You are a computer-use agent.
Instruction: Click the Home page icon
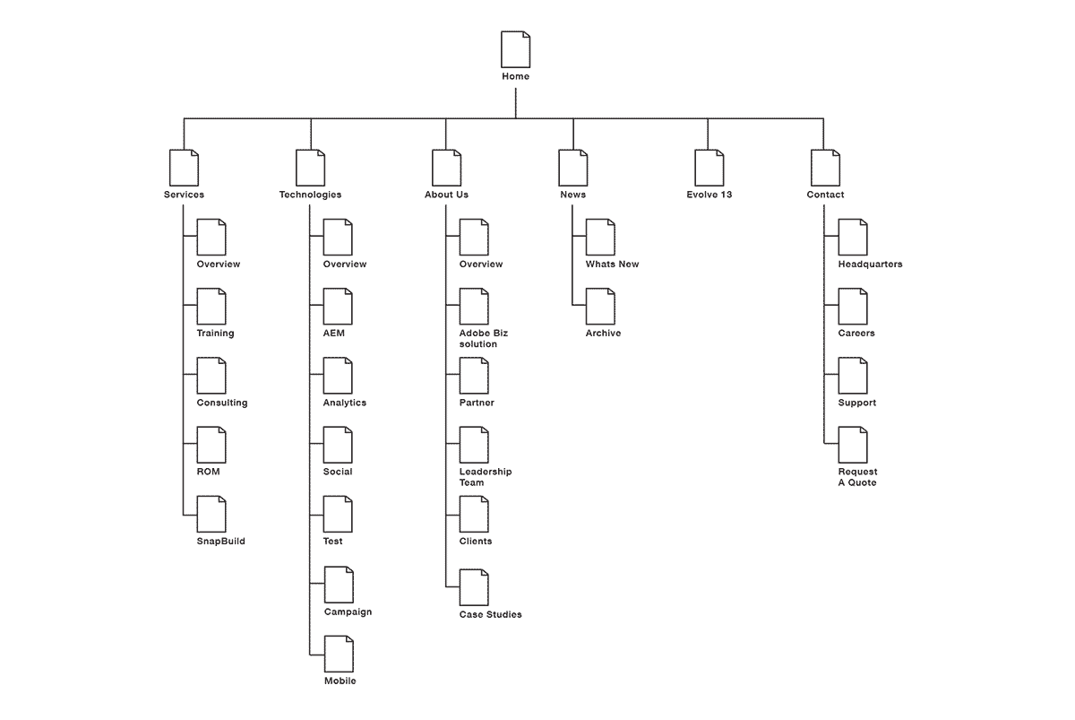(x=515, y=49)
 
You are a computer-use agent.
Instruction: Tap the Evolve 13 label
(x=708, y=195)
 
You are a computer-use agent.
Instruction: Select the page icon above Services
(x=184, y=168)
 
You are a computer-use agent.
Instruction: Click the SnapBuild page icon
(x=211, y=515)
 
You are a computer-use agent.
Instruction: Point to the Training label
(x=215, y=334)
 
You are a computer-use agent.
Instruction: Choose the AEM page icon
(x=338, y=307)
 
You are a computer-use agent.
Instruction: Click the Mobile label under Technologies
(x=340, y=681)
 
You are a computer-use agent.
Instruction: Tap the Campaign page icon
(x=339, y=585)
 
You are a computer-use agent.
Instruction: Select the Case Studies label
(x=490, y=615)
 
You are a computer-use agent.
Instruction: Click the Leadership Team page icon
(x=474, y=445)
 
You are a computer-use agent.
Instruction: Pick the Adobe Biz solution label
(x=484, y=339)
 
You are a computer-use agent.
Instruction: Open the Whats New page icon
(x=600, y=237)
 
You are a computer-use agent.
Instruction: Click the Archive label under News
(x=603, y=334)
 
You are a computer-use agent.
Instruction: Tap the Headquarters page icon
(x=853, y=237)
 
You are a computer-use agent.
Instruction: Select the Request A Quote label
(x=857, y=477)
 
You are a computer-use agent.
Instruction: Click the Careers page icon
(x=853, y=307)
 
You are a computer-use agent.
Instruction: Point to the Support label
(x=857, y=403)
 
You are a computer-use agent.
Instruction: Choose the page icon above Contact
(x=825, y=168)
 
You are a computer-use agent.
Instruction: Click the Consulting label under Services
(x=222, y=403)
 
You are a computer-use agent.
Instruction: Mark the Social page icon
(x=338, y=445)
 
